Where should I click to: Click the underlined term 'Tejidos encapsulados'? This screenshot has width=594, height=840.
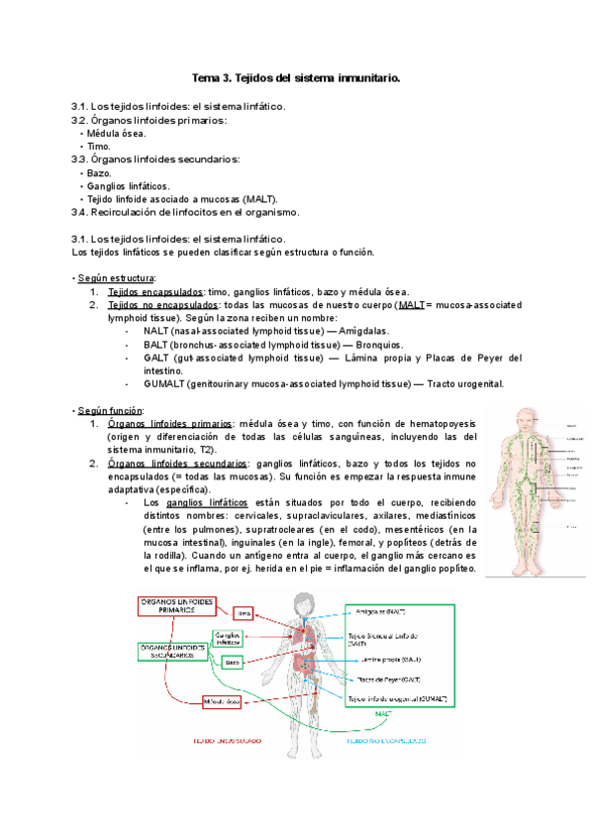tap(154, 291)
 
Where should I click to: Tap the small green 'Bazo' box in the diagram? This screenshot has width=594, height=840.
tap(232, 661)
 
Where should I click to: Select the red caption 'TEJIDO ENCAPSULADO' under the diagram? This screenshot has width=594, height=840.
tap(207, 740)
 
